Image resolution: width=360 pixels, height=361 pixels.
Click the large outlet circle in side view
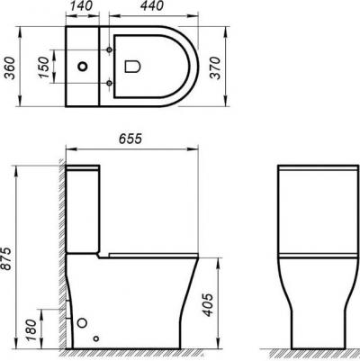[x=84, y=323]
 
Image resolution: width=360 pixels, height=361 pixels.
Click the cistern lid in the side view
[x=85, y=169]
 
